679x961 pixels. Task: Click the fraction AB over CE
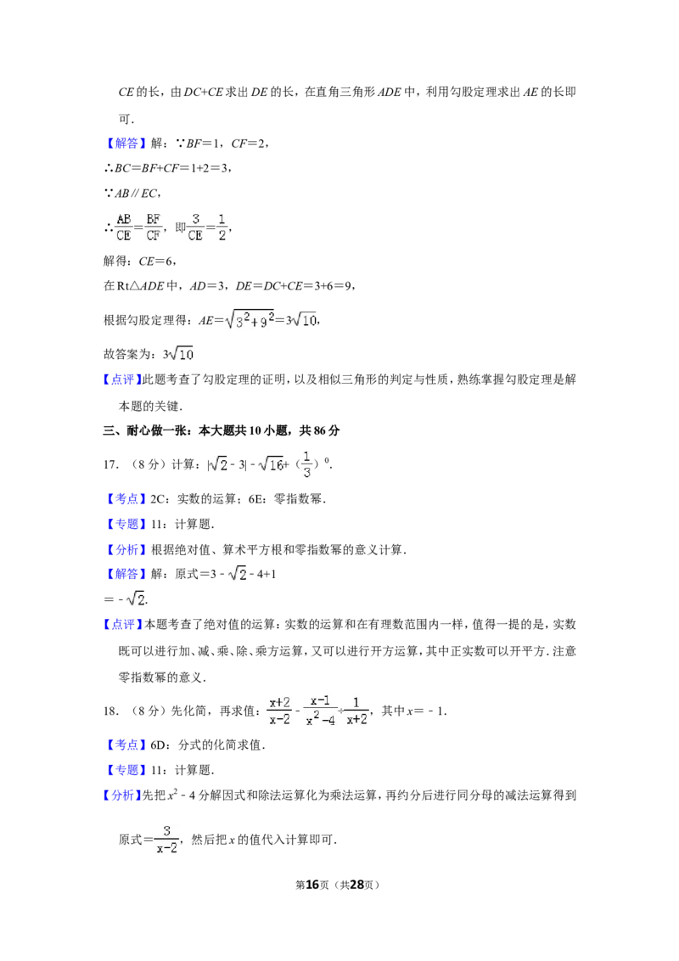[x=124, y=227]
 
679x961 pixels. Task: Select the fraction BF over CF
[x=154, y=227]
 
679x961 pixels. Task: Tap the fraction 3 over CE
[x=195, y=227]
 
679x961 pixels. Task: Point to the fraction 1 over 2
[x=222, y=227]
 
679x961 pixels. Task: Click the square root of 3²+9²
[x=250, y=319]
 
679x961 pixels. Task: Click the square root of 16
[x=271, y=464]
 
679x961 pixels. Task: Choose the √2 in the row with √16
[x=217, y=464]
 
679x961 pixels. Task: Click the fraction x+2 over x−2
[x=279, y=711]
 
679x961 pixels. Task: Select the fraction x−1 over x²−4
[x=320, y=710]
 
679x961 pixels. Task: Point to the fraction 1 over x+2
[x=356, y=711]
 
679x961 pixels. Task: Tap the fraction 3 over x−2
[x=167, y=838]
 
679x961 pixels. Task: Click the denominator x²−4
[x=321, y=720]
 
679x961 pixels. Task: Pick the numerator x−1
[x=320, y=700]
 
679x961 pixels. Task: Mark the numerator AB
[x=124, y=218]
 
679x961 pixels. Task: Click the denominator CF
[x=154, y=236]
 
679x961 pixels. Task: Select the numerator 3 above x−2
[x=167, y=829]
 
